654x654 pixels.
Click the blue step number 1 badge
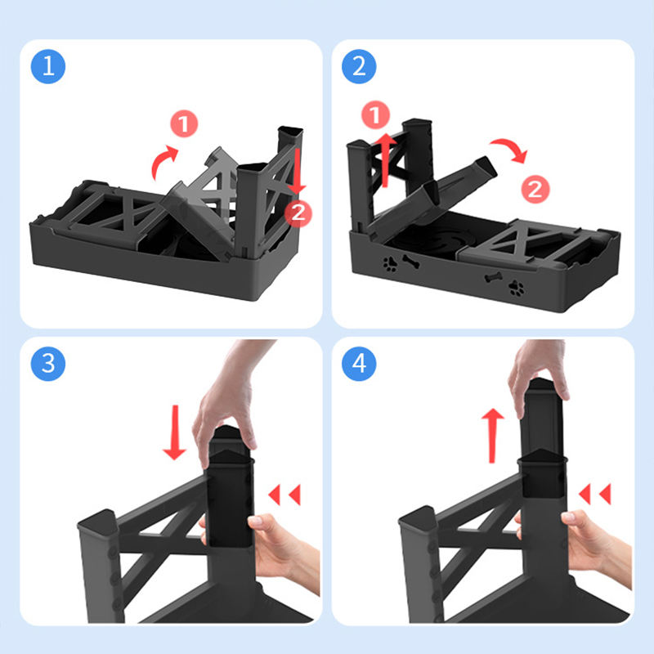48,66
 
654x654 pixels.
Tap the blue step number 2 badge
359,66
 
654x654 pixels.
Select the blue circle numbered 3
48,364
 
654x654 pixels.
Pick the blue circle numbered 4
359,364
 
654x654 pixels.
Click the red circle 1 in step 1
184,123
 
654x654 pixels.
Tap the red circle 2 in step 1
298,213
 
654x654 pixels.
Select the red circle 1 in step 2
375,114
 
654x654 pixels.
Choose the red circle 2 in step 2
535,189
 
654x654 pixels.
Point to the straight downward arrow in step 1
297,172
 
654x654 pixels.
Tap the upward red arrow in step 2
386,159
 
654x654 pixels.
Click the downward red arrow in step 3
175,432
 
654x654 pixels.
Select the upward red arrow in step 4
493,436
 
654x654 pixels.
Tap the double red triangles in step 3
284,495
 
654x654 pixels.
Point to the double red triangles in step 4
595,494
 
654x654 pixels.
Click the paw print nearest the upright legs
390,264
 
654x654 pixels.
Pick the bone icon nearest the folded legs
494,277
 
